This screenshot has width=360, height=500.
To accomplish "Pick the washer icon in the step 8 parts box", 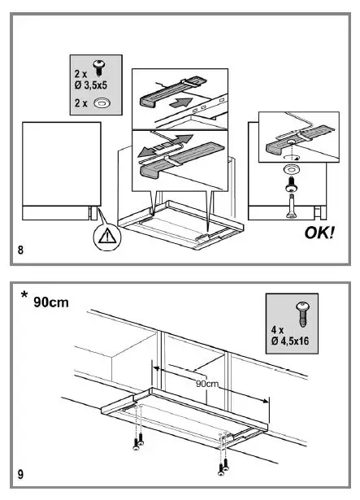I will tap(102, 102).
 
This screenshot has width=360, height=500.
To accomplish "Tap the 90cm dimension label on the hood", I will tap(208, 382).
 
